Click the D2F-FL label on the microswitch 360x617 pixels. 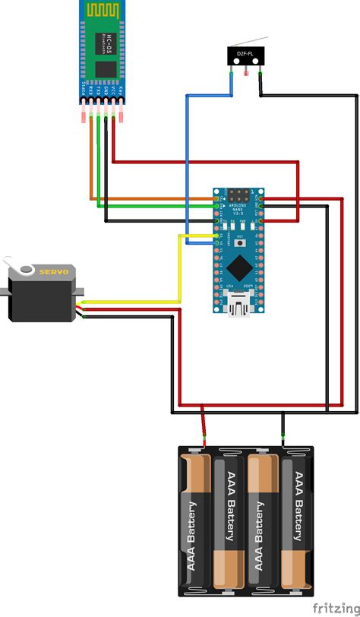point(245,55)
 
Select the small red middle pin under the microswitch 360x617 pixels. point(245,71)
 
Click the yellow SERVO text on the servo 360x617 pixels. point(54,271)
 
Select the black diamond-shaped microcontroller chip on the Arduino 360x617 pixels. point(240,265)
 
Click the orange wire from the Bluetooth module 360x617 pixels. point(93,167)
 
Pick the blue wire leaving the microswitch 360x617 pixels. point(187,152)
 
